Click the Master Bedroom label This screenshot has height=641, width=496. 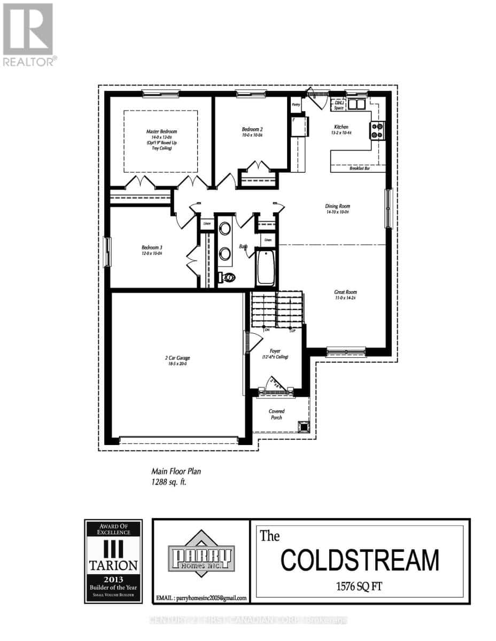[161, 131]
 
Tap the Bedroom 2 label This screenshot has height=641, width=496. [252, 129]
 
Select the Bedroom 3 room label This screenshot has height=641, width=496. [152, 247]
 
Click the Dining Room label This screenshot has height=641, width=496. [337, 206]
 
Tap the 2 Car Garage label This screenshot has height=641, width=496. [177, 358]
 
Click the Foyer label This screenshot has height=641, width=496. [275, 351]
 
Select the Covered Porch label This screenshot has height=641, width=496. [276, 414]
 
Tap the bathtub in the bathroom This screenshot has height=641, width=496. [266, 268]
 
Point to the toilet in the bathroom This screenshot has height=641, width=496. [228, 277]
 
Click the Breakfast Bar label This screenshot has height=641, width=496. [360, 168]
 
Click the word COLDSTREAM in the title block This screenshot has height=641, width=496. [360, 560]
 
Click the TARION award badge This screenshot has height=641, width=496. [113, 561]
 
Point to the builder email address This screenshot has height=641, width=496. [201, 598]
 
